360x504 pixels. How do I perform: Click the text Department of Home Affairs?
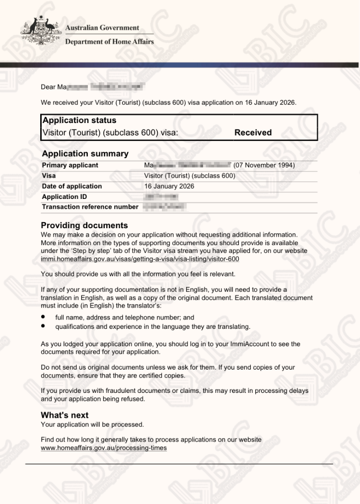(109, 42)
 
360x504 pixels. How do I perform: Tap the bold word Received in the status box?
(253, 132)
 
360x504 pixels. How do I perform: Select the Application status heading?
(79, 121)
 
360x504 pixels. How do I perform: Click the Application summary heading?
(85, 154)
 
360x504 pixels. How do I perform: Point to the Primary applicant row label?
(70, 165)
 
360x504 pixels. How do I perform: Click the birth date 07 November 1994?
(264, 165)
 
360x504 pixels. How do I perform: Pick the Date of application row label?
(72, 187)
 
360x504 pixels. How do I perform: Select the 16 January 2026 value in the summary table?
(169, 187)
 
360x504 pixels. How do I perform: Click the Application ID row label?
(64, 197)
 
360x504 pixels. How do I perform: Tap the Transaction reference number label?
(90, 207)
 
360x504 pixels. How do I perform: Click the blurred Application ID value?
(160, 197)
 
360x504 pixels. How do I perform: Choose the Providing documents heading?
(84, 225)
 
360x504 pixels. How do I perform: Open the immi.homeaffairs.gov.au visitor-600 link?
(140, 259)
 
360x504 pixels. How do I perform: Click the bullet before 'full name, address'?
(44, 317)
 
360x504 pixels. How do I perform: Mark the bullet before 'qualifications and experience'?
(44, 326)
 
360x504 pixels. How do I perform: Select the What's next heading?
(65, 415)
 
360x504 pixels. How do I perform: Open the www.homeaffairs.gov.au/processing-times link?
(103, 448)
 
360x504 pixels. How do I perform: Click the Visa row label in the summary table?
(49, 176)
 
